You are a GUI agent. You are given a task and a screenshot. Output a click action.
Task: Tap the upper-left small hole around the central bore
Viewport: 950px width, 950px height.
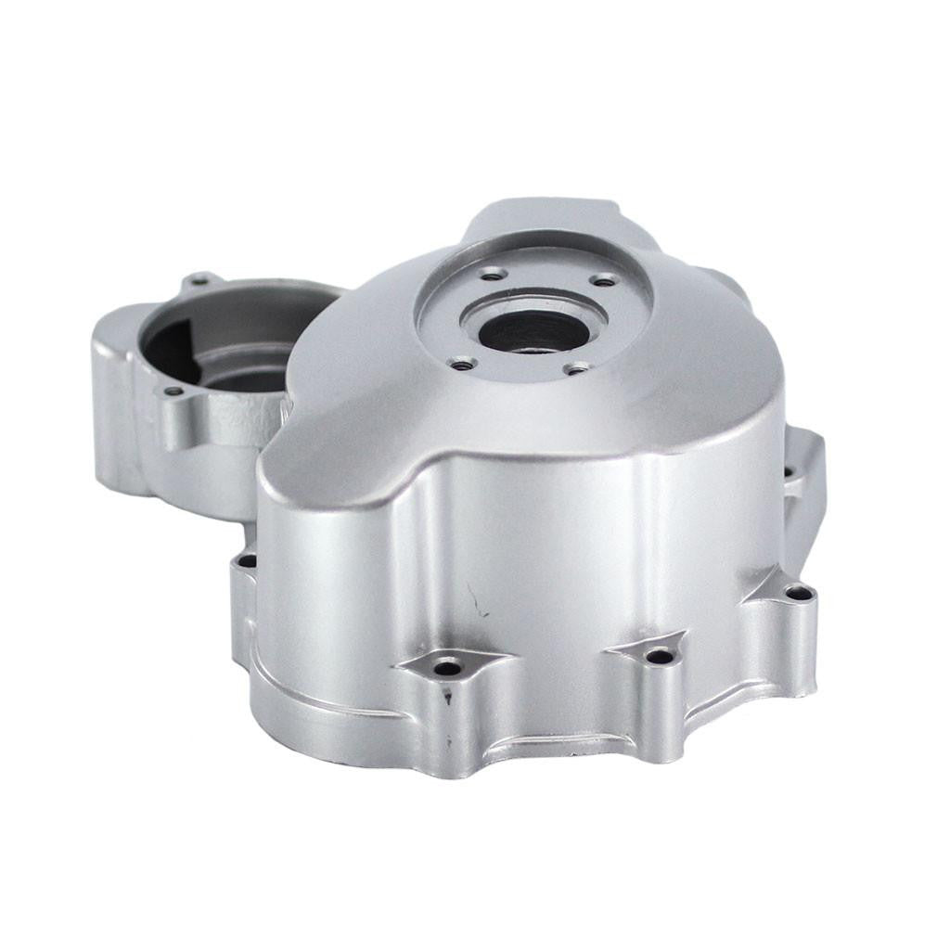pyautogui.click(x=491, y=274)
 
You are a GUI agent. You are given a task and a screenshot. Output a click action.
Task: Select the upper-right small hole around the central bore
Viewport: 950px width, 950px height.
pyautogui.click(x=604, y=280)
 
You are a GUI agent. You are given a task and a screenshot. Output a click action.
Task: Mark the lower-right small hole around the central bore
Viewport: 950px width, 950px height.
pyautogui.click(x=576, y=369)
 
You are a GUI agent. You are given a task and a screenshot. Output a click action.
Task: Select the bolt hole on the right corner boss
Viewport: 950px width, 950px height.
pyautogui.click(x=795, y=592)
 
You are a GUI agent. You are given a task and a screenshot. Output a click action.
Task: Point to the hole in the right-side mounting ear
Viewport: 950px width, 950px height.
pyautogui.click(x=790, y=472)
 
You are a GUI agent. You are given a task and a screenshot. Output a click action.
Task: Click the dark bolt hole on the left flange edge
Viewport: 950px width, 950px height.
pyautogui.click(x=248, y=560)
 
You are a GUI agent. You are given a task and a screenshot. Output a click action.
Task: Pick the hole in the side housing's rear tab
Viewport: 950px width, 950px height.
pyautogui.click(x=198, y=279)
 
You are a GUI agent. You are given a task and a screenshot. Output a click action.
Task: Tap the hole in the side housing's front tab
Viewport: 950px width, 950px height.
pyautogui.click(x=173, y=392)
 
